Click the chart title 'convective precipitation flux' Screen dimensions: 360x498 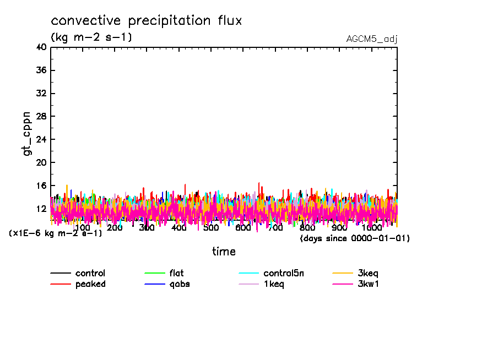coord(146,21)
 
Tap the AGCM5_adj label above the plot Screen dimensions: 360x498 coord(372,39)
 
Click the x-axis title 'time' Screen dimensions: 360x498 coord(224,252)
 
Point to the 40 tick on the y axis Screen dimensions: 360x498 coord(41,47)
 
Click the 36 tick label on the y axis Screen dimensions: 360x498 coord(41,70)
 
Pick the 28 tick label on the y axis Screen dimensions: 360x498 coord(41,117)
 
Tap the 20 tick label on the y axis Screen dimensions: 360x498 coord(41,163)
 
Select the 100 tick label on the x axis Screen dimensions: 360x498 coord(82,228)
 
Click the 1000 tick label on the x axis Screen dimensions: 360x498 coord(372,228)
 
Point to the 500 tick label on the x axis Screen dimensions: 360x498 coord(211,228)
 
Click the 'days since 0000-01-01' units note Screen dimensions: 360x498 coord(355,238)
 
